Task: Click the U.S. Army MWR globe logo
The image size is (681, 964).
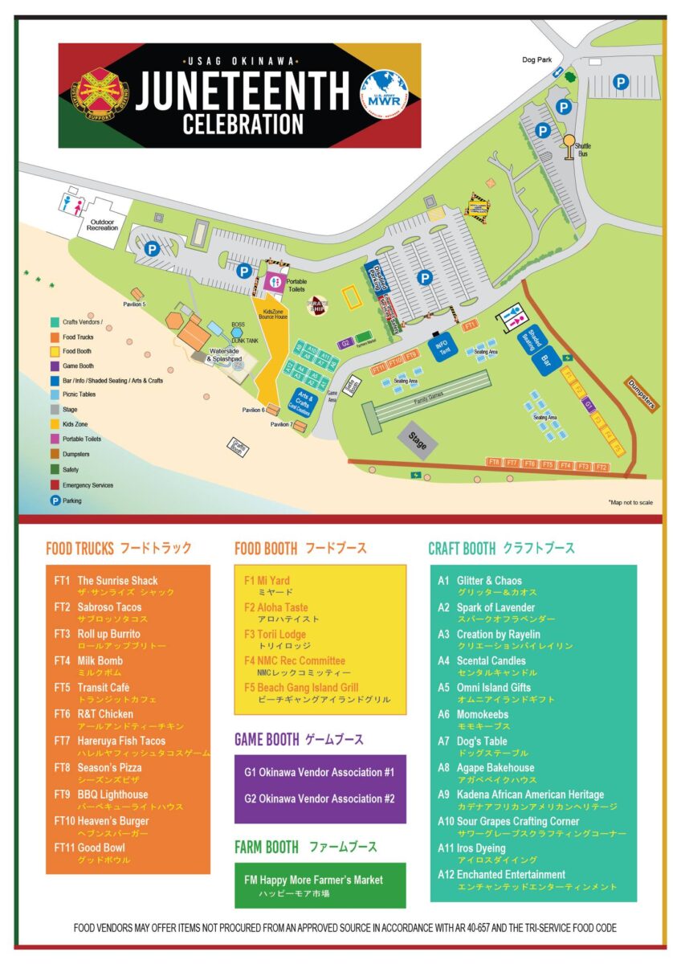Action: click(x=383, y=96)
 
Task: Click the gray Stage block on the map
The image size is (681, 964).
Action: click(x=418, y=439)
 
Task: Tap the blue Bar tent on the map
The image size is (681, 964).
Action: click(x=546, y=360)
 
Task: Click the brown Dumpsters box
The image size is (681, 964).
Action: click(x=642, y=394)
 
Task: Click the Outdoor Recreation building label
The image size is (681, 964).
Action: click(x=103, y=224)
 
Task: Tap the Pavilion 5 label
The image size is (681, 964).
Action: click(x=134, y=304)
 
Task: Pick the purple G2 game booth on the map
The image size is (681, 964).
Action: click(x=345, y=343)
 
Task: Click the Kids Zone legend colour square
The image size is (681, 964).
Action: click(x=54, y=423)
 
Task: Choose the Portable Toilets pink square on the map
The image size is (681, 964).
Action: click(x=274, y=282)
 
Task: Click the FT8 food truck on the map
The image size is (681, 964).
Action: click(x=494, y=463)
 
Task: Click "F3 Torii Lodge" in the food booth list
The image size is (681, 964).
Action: click(x=275, y=634)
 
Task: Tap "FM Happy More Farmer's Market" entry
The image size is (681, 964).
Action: click(x=313, y=880)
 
